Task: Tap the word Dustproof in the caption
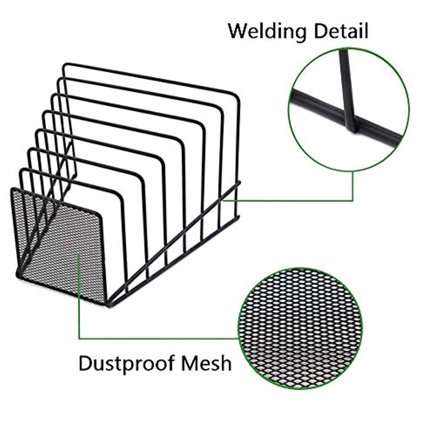coord(127,364)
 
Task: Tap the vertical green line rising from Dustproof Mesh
coord(79,297)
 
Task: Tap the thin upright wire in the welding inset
coord(346,85)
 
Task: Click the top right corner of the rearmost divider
coord(236,94)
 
